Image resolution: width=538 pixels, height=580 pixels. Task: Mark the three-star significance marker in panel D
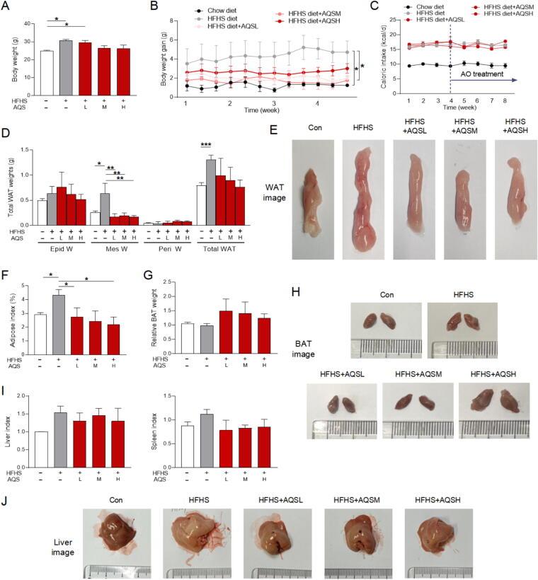pyautogui.click(x=205, y=144)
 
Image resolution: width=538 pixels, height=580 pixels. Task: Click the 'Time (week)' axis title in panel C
pyautogui.click(x=461, y=107)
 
